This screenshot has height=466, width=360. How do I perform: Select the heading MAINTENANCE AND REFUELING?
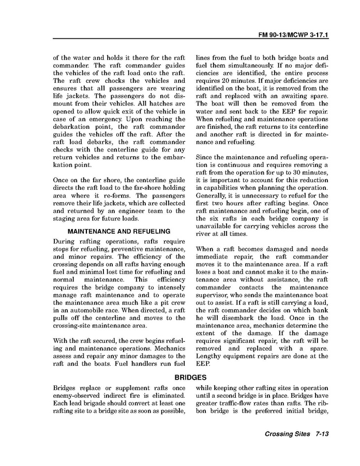click(119, 231)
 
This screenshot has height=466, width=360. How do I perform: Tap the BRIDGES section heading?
click(191, 378)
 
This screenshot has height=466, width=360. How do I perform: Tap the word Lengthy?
click(208, 356)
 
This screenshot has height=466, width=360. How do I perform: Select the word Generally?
click(212, 196)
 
